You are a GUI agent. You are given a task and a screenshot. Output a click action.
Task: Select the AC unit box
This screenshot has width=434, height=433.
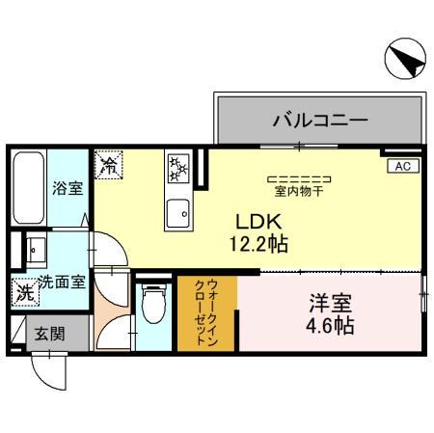click(402, 166)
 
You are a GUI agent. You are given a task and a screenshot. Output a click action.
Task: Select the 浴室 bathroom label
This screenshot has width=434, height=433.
click(67, 188)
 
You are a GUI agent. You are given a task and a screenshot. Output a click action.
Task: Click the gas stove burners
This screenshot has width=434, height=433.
click(179, 171)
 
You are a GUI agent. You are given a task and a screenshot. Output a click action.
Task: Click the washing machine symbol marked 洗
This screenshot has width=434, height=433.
click(21, 291)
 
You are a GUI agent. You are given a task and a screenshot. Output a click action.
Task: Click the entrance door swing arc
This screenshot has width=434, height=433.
click(48, 372)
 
